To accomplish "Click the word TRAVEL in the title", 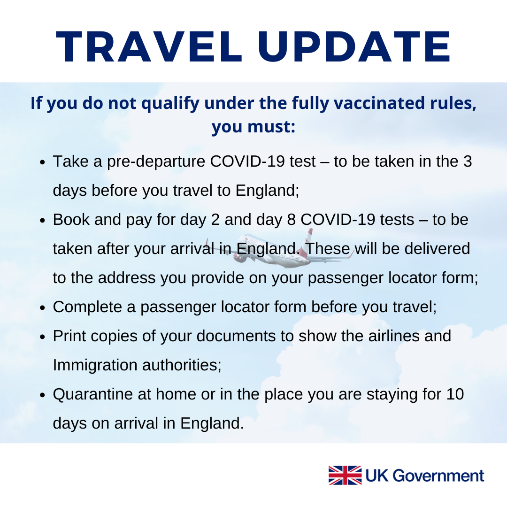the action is coord(149,46).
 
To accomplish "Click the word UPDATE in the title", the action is coord(354,46).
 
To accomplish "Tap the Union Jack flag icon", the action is coord(345,475).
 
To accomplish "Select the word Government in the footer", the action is coord(438,476).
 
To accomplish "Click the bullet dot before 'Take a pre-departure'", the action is coord(42,162).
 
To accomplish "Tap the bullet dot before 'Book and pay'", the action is coord(42,221).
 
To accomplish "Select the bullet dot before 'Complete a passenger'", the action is coord(42,308).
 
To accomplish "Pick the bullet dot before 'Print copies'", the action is coord(42,337).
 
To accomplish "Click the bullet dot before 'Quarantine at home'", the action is coord(42,395).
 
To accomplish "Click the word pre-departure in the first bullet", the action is coord(156,162).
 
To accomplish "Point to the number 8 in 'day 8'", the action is coord(292,220).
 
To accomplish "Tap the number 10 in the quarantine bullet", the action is coord(455,394).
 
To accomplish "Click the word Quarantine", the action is coord(93,394).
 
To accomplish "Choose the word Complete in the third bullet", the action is coord(87,307).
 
